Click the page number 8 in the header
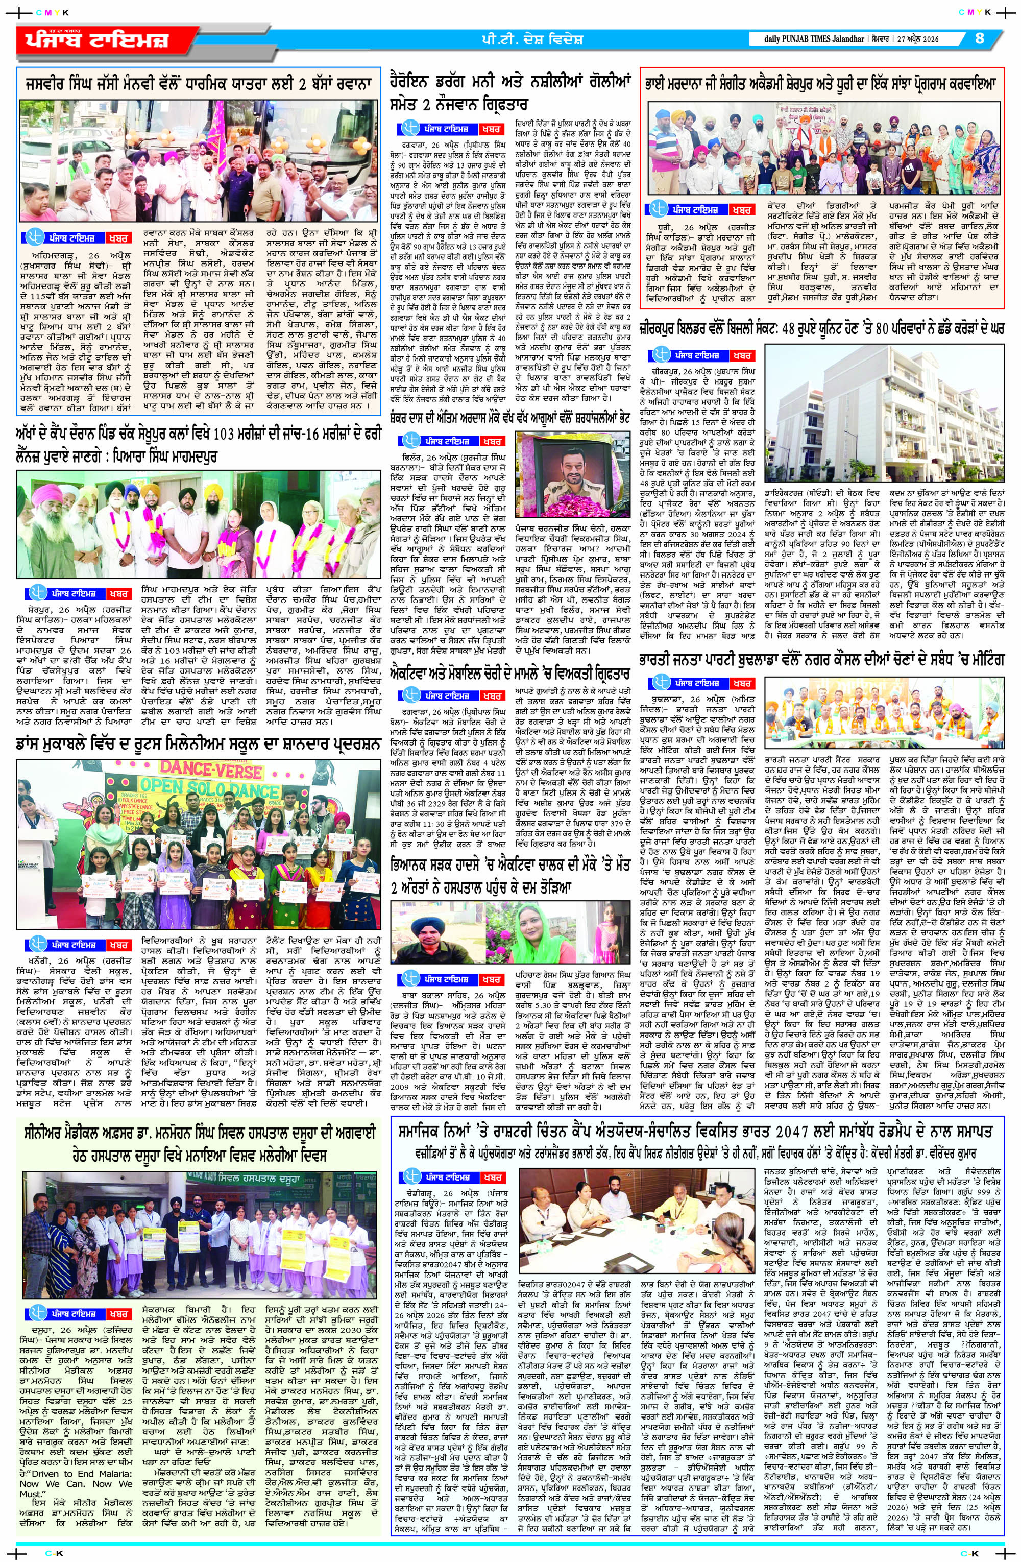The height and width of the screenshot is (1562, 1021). (979, 38)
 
